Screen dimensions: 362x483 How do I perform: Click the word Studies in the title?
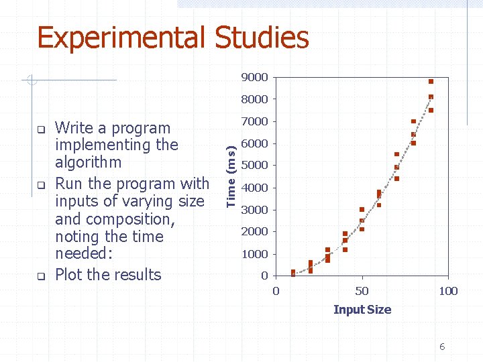tap(262, 38)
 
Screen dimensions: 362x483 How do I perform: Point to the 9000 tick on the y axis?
tap(255, 77)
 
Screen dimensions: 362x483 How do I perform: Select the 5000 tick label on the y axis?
tap(255, 166)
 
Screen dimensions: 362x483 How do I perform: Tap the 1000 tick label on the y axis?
tap(255, 254)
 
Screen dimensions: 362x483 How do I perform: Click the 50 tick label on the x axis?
tap(362, 291)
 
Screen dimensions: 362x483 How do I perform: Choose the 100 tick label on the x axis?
tap(447, 291)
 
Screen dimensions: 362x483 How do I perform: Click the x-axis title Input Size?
tap(362, 310)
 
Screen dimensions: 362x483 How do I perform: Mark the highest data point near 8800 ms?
tap(431, 81)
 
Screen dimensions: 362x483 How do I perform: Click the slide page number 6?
tap(442, 347)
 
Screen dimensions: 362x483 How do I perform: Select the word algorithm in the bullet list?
tap(89, 163)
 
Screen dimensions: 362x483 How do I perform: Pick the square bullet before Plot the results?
tap(40, 276)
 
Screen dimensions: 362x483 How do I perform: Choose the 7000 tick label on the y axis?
tap(255, 121)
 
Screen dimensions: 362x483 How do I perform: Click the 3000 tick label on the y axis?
tap(255, 210)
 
